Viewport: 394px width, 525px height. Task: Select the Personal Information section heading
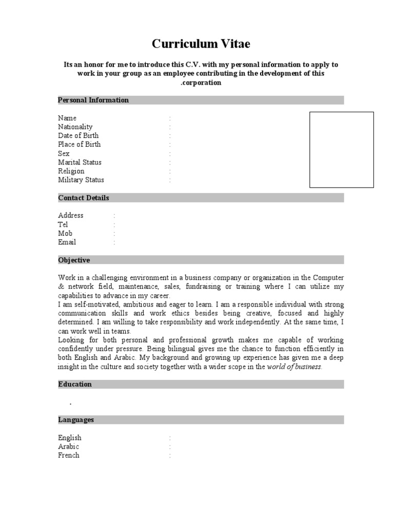click(x=93, y=100)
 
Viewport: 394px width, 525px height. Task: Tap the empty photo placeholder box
click(x=341, y=149)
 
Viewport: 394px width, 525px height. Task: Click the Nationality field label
click(x=75, y=127)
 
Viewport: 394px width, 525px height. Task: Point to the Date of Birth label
click(x=78, y=135)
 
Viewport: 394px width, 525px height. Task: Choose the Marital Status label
click(x=80, y=162)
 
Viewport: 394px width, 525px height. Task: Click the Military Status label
click(x=81, y=180)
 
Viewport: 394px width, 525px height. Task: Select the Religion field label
click(x=71, y=171)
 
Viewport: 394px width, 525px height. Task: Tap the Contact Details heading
click(x=84, y=198)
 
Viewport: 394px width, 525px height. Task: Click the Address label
click(x=71, y=215)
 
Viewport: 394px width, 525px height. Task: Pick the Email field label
click(x=67, y=242)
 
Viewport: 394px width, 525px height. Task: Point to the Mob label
click(x=65, y=233)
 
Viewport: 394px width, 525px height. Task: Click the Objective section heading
click(x=74, y=260)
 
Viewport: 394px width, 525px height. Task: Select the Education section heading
click(x=75, y=384)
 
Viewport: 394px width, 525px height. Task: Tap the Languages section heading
click(x=76, y=420)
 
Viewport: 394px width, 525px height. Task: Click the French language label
click(x=69, y=455)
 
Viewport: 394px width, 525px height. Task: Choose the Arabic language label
click(x=69, y=447)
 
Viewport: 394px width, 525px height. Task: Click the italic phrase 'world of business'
click(x=294, y=367)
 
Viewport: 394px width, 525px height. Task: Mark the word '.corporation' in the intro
click(x=201, y=83)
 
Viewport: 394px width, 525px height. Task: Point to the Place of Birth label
click(x=80, y=144)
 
